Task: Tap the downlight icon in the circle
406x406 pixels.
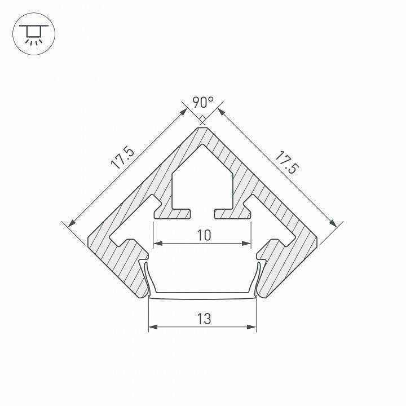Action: pos(34,33)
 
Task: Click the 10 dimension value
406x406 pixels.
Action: pos(204,235)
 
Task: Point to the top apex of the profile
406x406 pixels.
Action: pos(203,127)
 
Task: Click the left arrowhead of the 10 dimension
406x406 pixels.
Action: pos(157,244)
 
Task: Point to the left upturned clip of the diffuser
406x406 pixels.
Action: pos(145,276)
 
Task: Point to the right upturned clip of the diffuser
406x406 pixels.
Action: pos(261,276)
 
